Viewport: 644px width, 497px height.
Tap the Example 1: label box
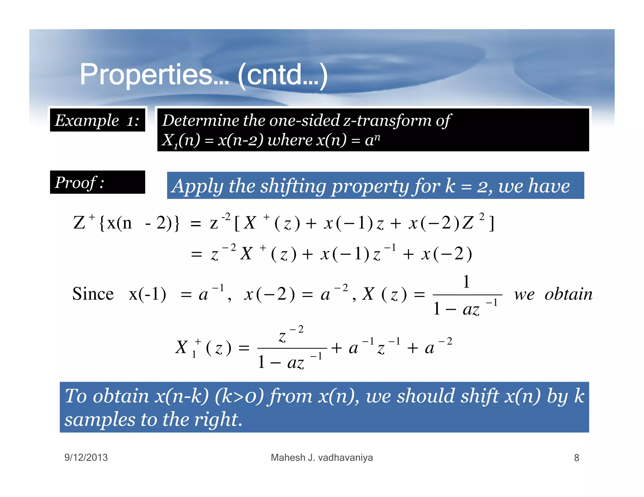pos(97,120)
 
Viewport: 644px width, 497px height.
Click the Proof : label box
pos(97,183)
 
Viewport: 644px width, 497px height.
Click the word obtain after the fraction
pos(569,294)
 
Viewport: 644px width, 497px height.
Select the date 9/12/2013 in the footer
pos(86,457)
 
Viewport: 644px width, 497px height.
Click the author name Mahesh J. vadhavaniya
pos(322,457)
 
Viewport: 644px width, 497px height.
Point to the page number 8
pos(576,458)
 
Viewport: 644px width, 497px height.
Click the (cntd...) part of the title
pos(283,75)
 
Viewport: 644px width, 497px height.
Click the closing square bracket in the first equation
pos(491,223)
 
